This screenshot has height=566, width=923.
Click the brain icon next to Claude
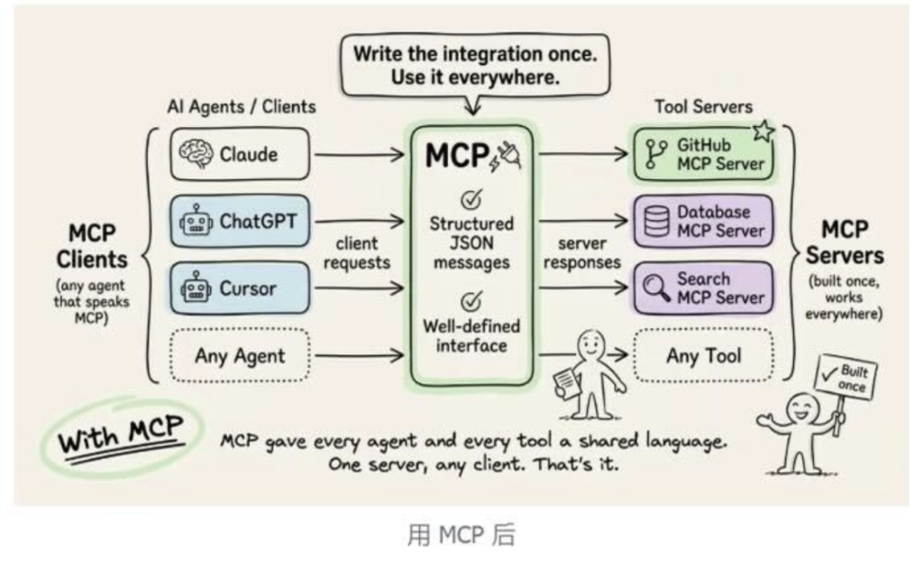(195, 153)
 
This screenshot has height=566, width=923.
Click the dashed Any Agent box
(239, 355)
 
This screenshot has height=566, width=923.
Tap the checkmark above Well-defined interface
(471, 299)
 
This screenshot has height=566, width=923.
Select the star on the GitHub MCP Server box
(763, 132)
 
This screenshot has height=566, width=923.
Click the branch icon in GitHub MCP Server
(654, 154)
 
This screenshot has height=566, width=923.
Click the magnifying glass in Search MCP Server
(655, 288)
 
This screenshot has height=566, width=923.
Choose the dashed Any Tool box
(703, 355)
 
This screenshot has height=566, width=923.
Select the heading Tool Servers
(703, 106)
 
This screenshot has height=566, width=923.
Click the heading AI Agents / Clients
(242, 106)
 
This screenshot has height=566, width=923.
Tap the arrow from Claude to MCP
(359, 154)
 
